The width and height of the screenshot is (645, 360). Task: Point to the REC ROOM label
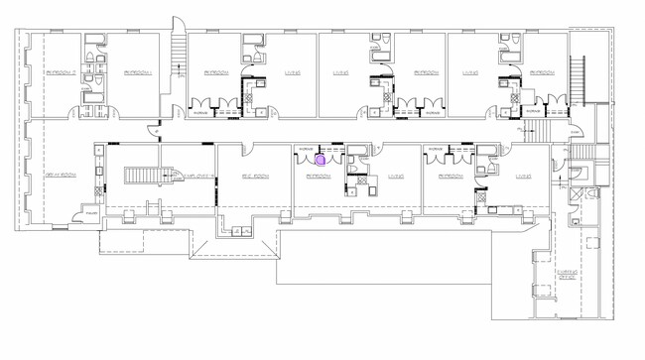(256, 177)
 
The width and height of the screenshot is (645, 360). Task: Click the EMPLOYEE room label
(195, 177)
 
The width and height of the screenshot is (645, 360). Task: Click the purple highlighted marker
(321, 157)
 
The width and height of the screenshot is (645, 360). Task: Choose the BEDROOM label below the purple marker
(319, 177)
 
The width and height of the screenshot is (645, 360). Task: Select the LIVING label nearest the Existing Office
(523, 177)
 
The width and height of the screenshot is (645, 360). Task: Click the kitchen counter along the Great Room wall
(99, 174)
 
